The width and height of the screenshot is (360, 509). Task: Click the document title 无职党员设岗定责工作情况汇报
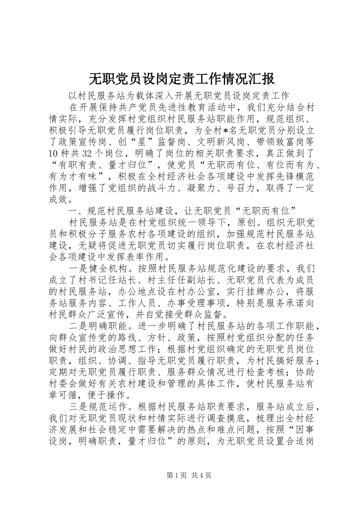click(x=181, y=79)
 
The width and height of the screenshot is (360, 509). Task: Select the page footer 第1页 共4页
click(x=180, y=475)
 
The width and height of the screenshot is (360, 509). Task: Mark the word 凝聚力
click(x=208, y=188)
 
